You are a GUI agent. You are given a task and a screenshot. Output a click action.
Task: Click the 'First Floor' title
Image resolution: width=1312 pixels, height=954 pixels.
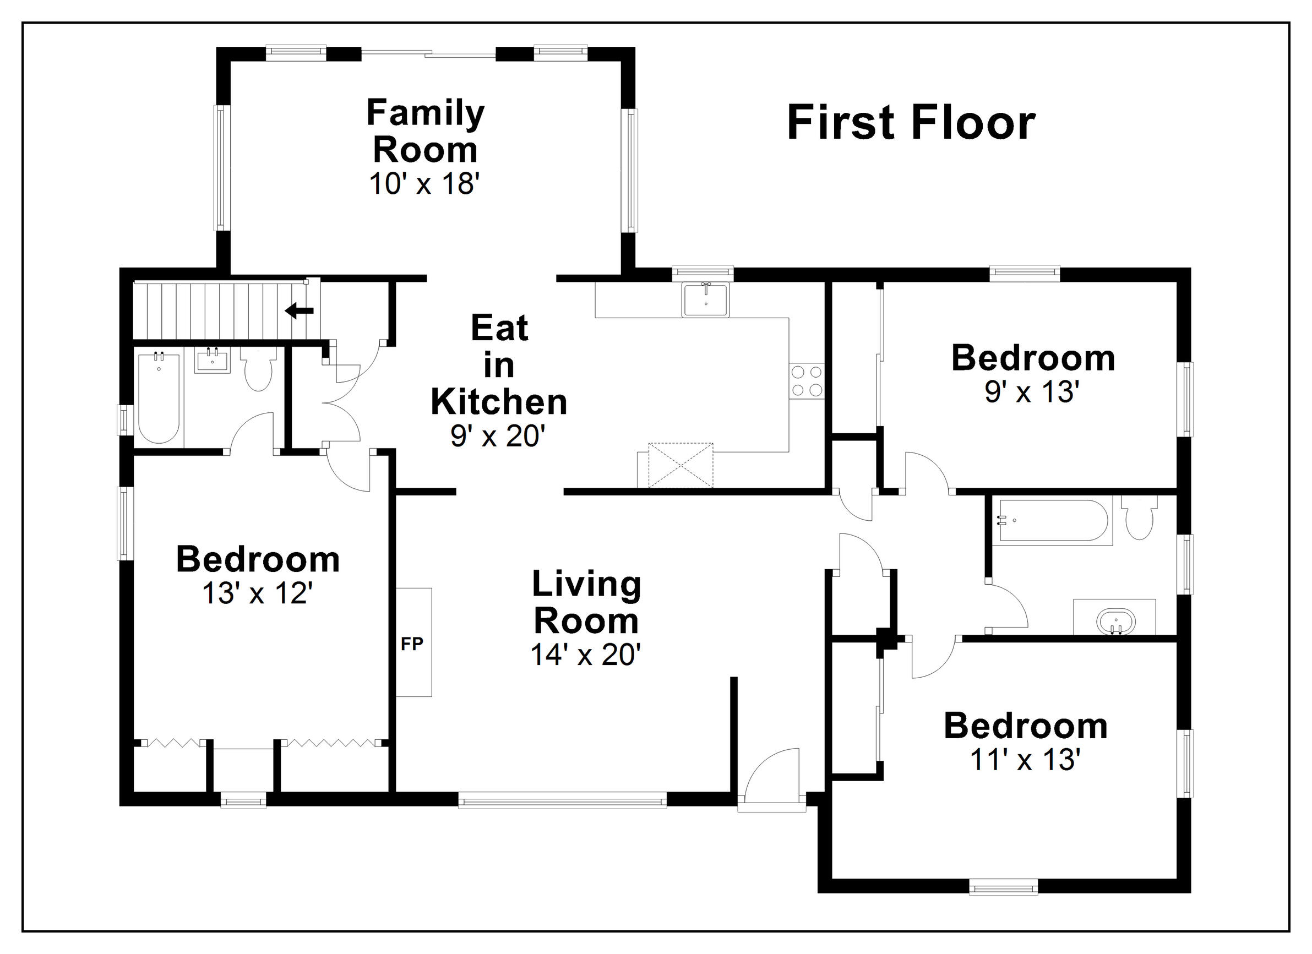tap(911, 123)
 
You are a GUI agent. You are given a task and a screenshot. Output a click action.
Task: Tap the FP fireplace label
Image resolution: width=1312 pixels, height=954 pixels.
tap(412, 644)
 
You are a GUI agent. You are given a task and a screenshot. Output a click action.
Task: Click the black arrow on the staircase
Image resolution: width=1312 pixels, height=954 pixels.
tap(299, 310)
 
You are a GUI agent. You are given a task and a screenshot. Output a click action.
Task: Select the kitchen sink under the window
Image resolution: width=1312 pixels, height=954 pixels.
tap(706, 299)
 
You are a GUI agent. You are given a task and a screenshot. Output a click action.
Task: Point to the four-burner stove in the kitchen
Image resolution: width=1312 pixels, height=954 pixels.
tap(807, 381)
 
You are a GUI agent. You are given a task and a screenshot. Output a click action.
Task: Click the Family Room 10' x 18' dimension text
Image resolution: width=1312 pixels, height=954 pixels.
tap(425, 184)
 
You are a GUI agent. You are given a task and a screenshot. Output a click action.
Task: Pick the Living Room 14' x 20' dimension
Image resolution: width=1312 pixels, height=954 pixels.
tap(585, 655)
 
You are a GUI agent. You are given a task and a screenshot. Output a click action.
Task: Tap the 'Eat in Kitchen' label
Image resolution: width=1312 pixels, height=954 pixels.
tap(499, 365)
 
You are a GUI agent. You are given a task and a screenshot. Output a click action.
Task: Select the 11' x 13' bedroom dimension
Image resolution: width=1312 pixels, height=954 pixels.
tap(1026, 760)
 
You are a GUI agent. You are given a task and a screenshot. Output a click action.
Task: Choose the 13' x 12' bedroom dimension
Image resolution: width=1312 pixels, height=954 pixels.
tap(258, 593)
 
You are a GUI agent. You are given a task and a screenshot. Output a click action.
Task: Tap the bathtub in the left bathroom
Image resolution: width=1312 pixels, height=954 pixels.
tap(159, 398)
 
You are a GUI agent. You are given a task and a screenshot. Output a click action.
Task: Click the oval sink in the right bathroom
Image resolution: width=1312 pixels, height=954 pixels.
tap(1116, 622)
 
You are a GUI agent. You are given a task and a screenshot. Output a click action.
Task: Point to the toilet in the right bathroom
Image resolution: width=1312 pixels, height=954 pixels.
tap(1139, 516)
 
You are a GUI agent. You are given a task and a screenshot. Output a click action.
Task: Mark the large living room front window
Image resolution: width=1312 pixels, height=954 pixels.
tap(563, 802)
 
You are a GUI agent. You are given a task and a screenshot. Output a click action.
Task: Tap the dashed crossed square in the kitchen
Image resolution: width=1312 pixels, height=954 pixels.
tap(681, 465)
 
